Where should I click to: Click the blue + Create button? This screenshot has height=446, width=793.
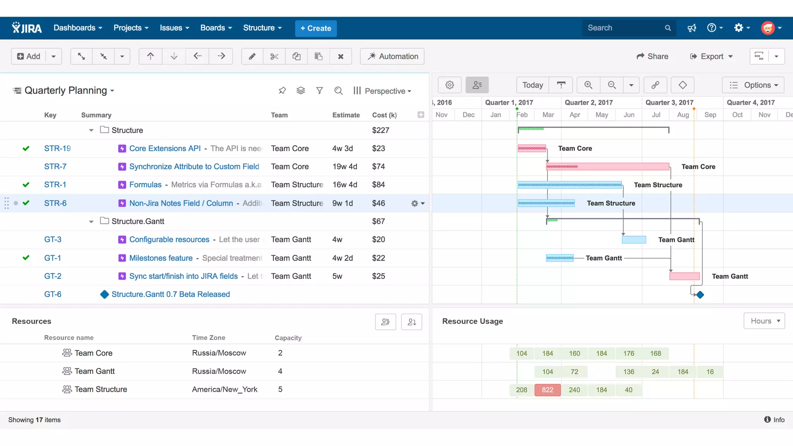[316, 28]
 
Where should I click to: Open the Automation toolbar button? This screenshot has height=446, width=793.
[392, 57]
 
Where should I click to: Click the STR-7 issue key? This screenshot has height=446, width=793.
[55, 166]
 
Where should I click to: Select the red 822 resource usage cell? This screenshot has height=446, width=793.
[548, 390]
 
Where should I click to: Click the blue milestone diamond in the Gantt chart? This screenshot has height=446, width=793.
[700, 295]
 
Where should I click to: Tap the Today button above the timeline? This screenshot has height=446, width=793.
[532, 85]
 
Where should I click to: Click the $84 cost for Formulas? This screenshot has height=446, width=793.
[378, 185]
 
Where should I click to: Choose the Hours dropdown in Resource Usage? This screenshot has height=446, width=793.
[764, 321]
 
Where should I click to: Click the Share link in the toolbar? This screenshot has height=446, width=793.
[652, 57]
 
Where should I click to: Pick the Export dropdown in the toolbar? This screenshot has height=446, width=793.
[712, 57]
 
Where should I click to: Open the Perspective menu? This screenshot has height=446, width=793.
[382, 91]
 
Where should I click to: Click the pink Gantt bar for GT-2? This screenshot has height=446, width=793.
[684, 276]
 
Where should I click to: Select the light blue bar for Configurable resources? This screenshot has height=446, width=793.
[634, 240]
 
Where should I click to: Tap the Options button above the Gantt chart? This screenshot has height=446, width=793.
[753, 85]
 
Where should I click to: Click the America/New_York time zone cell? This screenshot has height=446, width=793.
[225, 389]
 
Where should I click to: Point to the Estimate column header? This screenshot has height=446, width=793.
[346, 115]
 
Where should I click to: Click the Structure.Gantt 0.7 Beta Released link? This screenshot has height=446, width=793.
[170, 294]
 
